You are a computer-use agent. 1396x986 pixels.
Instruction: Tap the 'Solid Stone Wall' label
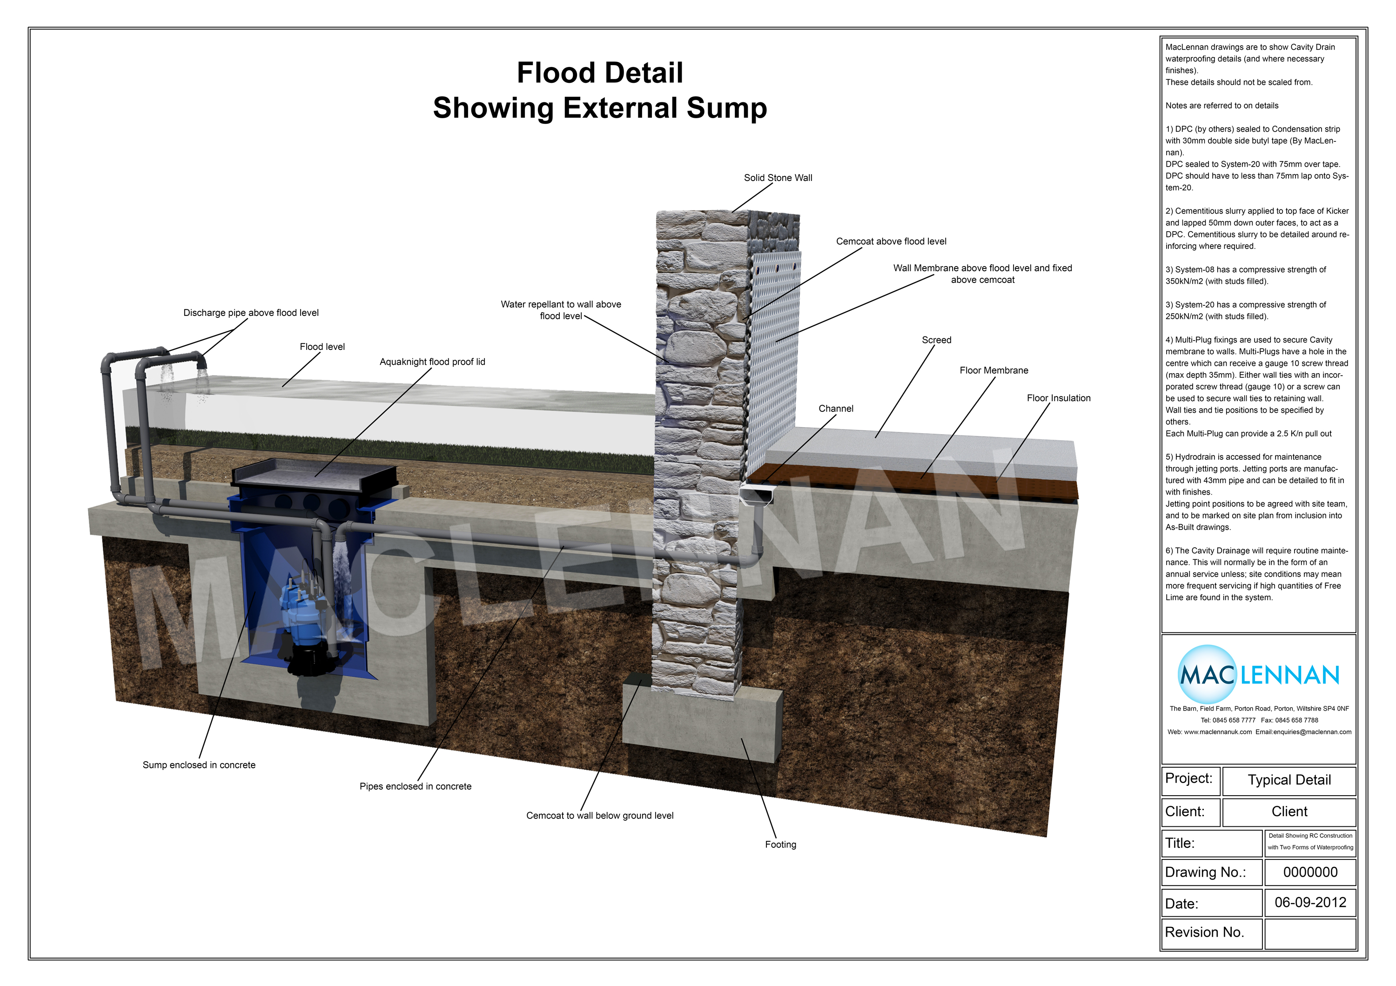point(778,177)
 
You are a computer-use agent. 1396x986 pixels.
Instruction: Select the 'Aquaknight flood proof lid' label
point(432,362)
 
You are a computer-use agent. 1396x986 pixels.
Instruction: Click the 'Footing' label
point(780,845)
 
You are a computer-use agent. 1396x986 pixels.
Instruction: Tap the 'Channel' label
point(835,409)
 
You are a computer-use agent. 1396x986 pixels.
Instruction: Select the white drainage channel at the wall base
point(756,494)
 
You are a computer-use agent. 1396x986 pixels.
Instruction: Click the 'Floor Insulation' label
point(1058,398)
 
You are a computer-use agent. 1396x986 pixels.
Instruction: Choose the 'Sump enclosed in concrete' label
point(199,765)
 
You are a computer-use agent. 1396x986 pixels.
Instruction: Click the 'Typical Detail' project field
point(1289,780)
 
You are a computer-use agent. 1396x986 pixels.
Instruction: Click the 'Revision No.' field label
point(1204,932)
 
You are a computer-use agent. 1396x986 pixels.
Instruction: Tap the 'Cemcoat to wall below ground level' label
point(599,815)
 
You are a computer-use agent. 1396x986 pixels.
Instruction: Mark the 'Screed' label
point(936,340)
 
